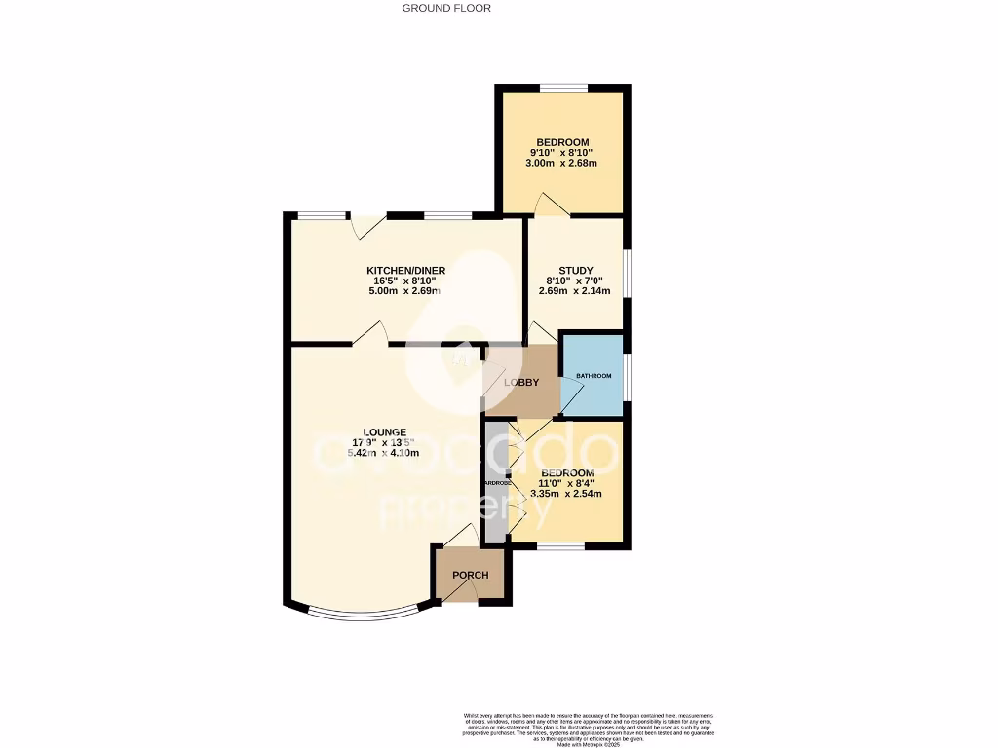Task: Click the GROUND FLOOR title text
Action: click(446, 8)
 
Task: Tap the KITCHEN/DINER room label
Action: click(405, 270)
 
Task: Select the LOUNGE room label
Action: click(385, 432)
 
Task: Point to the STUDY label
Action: click(576, 270)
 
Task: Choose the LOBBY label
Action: click(521, 383)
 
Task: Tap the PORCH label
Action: click(470, 575)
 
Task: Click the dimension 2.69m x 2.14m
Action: click(576, 290)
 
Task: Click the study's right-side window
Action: click(626, 273)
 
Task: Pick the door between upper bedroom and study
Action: click(549, 205)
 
